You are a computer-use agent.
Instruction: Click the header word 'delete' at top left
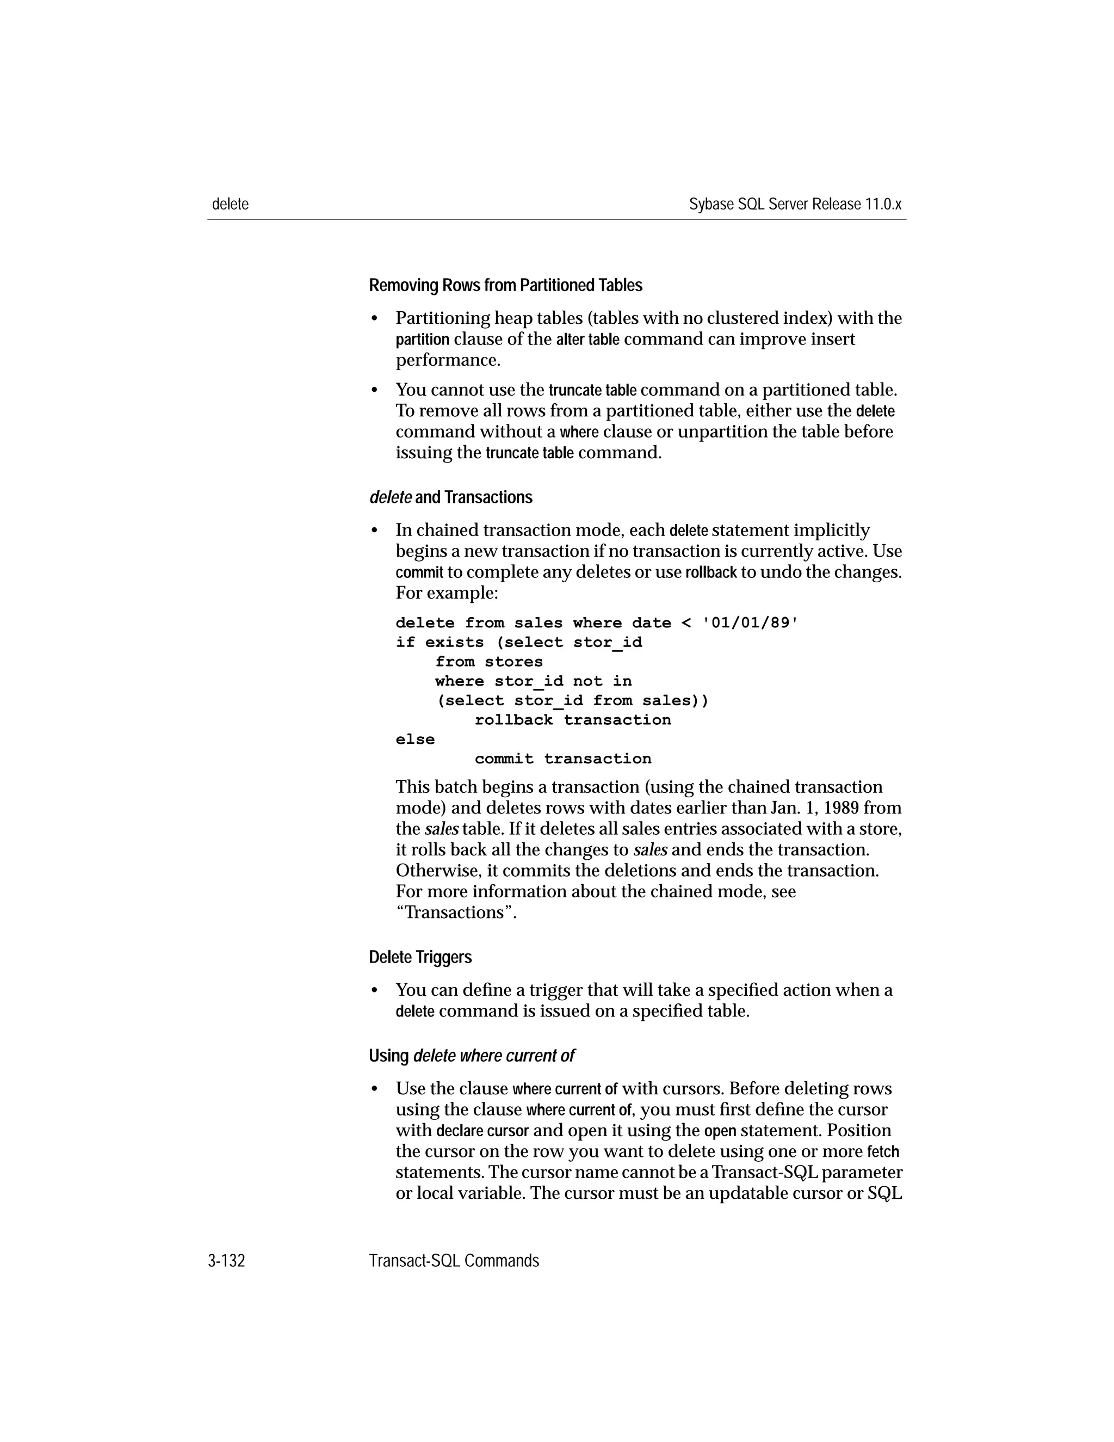click(x=230, y=204)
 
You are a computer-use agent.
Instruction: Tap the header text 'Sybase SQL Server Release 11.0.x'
click(x=795, y=204)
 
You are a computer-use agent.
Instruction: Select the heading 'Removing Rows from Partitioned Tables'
click(x=505, y=285)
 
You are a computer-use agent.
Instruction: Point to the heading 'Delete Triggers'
click(x=420, y=957)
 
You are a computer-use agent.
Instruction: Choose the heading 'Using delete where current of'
click(x=471, y=1056)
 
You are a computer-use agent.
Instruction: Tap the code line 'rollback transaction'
click(x=572, y=720)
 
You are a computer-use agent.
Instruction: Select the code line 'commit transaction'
click(x=562, y=759)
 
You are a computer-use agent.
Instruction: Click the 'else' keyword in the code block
click(x=415, y=740)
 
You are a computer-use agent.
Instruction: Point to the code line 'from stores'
click(x=488, y=662)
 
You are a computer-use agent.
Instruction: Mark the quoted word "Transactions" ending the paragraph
click(x=455, y=913)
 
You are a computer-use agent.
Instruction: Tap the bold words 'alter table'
click(x=587, y=340)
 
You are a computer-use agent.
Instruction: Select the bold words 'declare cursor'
click(x=482, y=1131)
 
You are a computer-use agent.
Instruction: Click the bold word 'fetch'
click(x=882, y=1152)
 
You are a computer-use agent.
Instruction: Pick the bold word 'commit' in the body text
click(x=419, y=572)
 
